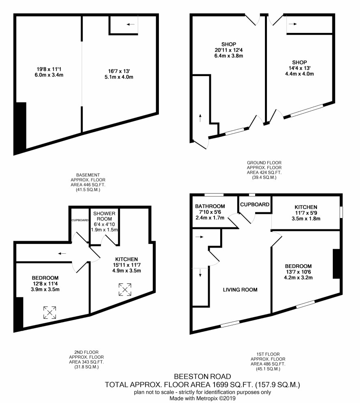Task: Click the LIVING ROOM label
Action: (240, 290)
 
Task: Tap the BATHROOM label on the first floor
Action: (210, 206)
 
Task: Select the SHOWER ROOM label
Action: (104, 216)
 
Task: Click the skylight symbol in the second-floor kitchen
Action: (125, 290)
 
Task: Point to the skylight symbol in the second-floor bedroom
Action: (50, 312)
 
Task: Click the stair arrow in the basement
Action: (130, 24)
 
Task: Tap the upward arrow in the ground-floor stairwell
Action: (200, 118)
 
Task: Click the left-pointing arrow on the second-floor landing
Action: (62, 254)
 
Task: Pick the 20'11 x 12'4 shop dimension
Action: (228, 50)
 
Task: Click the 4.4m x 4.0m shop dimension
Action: (299, 74)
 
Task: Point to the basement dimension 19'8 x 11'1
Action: (49, 69)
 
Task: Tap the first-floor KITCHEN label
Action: (306, 207)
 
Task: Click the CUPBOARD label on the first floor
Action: (255, 204)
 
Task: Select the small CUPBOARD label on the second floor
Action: (80, 220)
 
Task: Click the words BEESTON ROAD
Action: (202, 377)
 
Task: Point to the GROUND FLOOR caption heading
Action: (264, 163)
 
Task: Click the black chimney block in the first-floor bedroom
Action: (336, 264)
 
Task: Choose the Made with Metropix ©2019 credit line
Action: (202, 399)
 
